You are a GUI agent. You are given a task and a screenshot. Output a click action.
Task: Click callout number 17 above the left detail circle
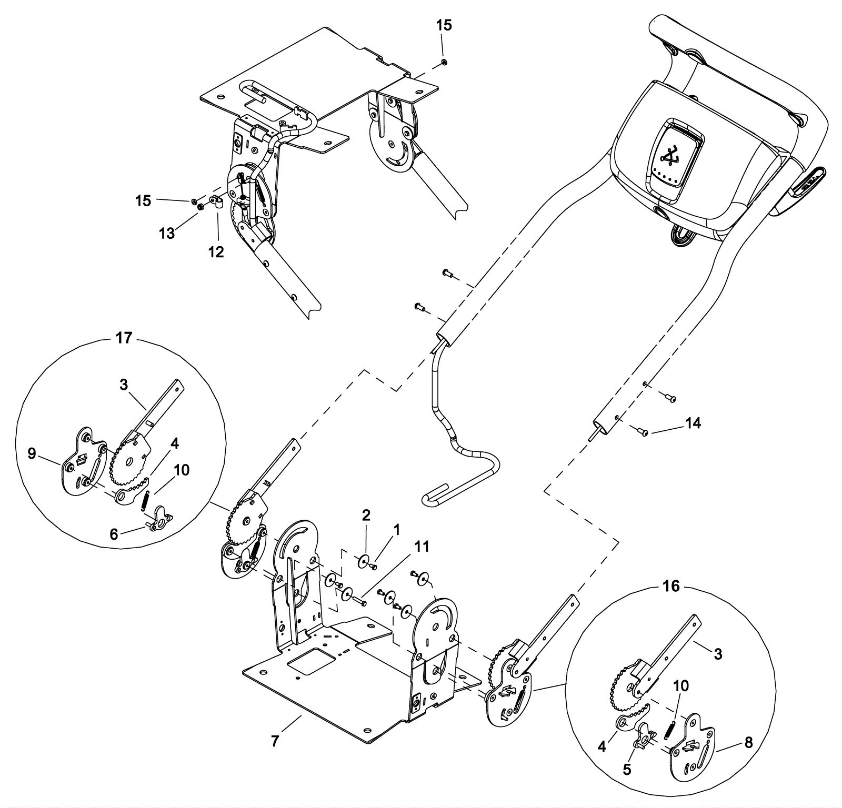pos(124,337)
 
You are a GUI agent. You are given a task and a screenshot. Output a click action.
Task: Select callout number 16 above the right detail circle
pos(671,586)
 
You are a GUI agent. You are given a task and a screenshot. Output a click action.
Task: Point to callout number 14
pos(694,423)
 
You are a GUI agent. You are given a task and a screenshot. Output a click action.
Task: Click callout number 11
pos(422,547)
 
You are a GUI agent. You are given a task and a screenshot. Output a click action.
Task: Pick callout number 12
pos(216,252)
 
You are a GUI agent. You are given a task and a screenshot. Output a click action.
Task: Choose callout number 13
pos(167,233)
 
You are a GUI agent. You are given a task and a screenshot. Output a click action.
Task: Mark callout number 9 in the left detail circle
pos(32,453)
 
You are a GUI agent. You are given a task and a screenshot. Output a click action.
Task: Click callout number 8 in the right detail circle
pos(748,743)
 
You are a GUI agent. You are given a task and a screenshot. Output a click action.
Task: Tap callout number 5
pos(627,769)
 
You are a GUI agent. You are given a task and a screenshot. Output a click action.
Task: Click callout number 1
pos(397,529)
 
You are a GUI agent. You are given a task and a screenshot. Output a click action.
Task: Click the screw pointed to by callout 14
pos(643,432)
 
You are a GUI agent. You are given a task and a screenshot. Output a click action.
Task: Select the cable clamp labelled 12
pos(216,201)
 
